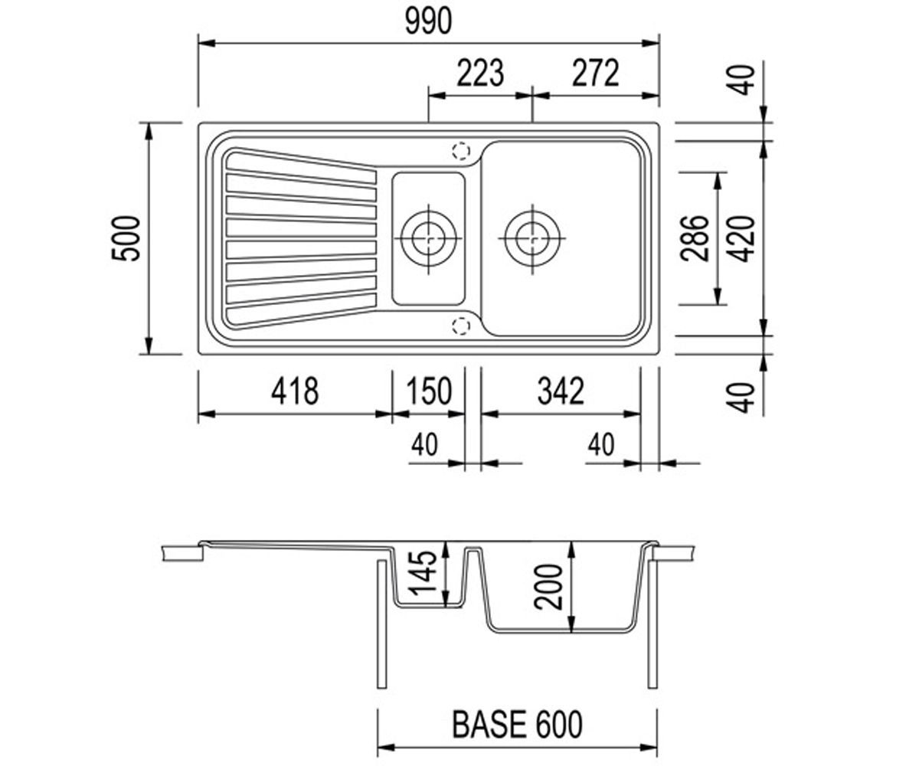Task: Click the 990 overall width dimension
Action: (x=428, y=21)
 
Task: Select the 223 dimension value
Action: (x=479, y=73)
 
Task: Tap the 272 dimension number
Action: (x=596, y=73)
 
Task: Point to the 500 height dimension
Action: (x=126, y=238)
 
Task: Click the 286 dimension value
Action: (x=695, y=238)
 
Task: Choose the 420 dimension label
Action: (x=741, y=238)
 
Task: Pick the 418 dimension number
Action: (x=294, y=391)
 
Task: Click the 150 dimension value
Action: (x=429, y=391)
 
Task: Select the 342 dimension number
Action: (x=561, y=391)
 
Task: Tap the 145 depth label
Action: (x=424, y=572)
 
